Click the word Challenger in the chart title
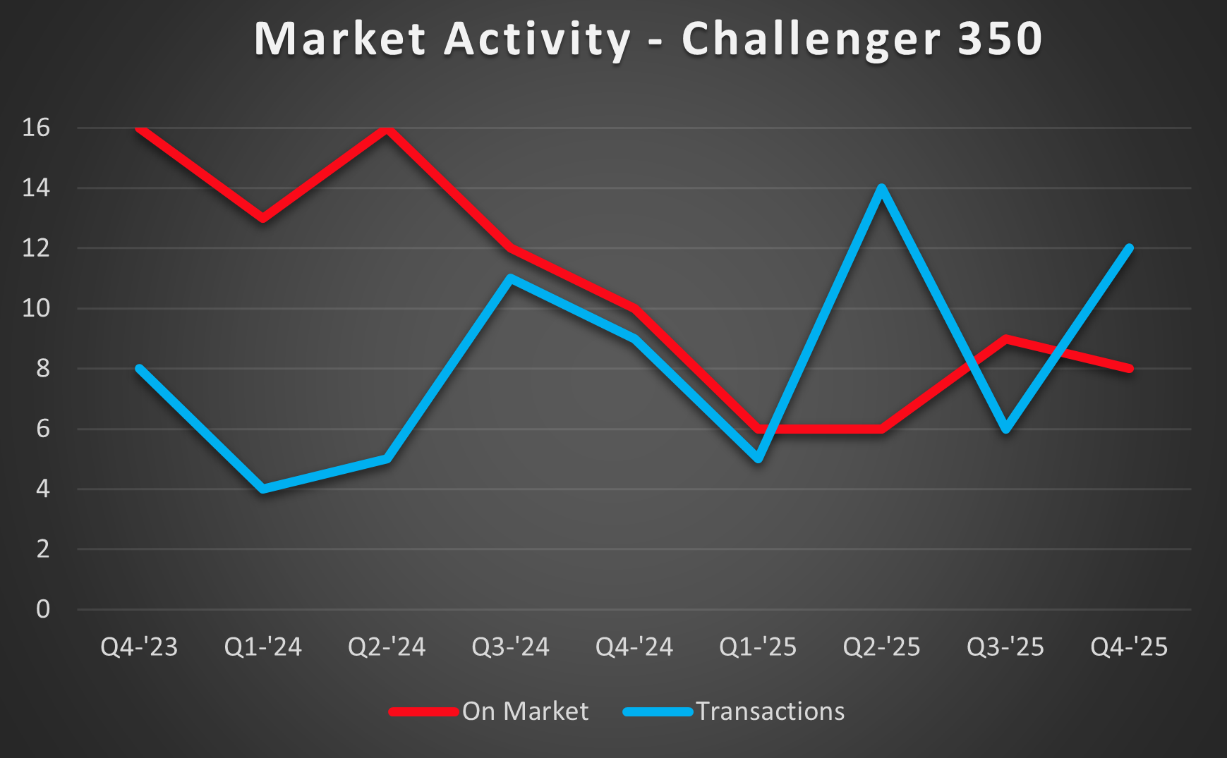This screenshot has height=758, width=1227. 811,39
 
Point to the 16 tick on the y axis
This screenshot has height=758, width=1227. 37,128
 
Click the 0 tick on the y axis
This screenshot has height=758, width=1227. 43,609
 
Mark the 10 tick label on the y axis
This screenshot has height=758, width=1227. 37,308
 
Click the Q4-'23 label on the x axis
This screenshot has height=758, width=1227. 139,647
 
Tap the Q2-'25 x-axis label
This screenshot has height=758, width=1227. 881,647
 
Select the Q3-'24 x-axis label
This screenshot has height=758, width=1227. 510,647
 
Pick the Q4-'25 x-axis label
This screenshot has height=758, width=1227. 1129,647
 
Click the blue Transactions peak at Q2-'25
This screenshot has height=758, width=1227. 881,188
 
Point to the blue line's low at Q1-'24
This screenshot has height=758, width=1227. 263,489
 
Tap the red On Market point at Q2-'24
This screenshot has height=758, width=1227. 387,128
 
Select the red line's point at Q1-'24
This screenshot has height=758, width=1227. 263,218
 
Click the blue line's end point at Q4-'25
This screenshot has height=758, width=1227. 1129,248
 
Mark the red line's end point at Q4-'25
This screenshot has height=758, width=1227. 1129,368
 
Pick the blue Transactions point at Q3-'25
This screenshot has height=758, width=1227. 1005,429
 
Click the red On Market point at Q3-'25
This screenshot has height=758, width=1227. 1005,338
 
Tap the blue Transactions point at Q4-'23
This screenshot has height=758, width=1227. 139,368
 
